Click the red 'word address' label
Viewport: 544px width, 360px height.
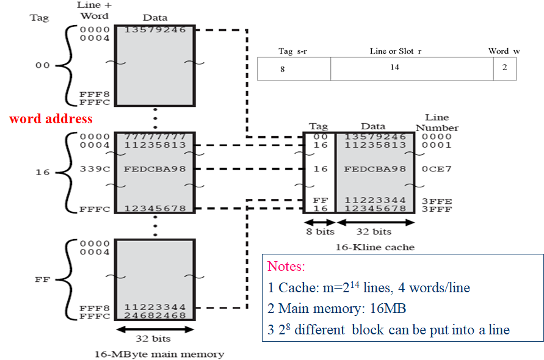(x=51, y=118)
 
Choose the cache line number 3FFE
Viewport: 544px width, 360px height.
(x=437, y=200)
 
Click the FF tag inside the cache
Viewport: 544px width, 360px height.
(x=320, y=200)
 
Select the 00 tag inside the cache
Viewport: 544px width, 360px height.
(x=320, y=137)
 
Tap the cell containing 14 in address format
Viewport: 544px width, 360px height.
(x=395, y=67)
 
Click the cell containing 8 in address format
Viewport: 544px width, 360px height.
(x=282, y=69)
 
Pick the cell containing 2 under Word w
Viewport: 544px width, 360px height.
(x=505, y=67)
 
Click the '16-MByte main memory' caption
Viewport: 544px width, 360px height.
(x=159, y=354)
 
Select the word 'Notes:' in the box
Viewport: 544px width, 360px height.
(x=286, y=267)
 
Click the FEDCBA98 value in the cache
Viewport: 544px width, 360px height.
(x=375, y=168)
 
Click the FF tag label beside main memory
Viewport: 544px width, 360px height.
(x=43, y=279)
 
